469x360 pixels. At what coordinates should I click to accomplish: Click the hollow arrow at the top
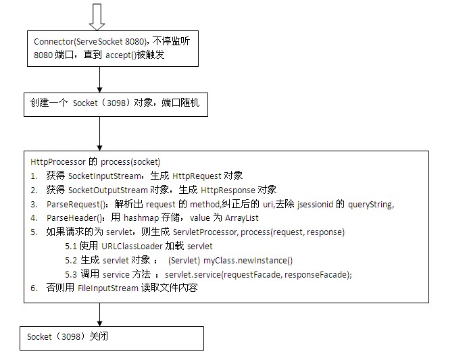[97, 17]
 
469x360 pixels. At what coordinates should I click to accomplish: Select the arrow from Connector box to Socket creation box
[99, 80]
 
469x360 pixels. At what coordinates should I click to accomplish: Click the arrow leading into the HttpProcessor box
[99, 134]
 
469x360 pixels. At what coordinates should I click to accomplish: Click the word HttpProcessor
[58, 162]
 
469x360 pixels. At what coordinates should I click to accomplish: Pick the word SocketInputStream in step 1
[104, 176]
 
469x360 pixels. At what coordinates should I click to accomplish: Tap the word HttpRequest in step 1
[197, 176]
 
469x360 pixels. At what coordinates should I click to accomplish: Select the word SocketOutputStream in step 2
[108, 190]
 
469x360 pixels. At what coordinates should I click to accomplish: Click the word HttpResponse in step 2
[228, 190]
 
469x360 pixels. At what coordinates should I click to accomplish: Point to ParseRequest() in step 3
[77, 205]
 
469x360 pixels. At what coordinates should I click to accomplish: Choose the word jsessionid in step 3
[315, 205]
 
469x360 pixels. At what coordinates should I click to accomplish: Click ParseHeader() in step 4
[76, 218]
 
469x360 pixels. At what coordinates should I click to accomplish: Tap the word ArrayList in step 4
[242, 218]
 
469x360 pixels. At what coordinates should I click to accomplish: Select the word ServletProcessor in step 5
[205, 232]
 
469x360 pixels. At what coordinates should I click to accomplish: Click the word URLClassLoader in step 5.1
[132, 247]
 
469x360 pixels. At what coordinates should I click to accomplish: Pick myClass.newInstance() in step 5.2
[248, 261]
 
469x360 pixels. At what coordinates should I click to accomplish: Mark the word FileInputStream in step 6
[108, 288]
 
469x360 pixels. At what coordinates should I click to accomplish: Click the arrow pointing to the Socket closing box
[99, 315]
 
